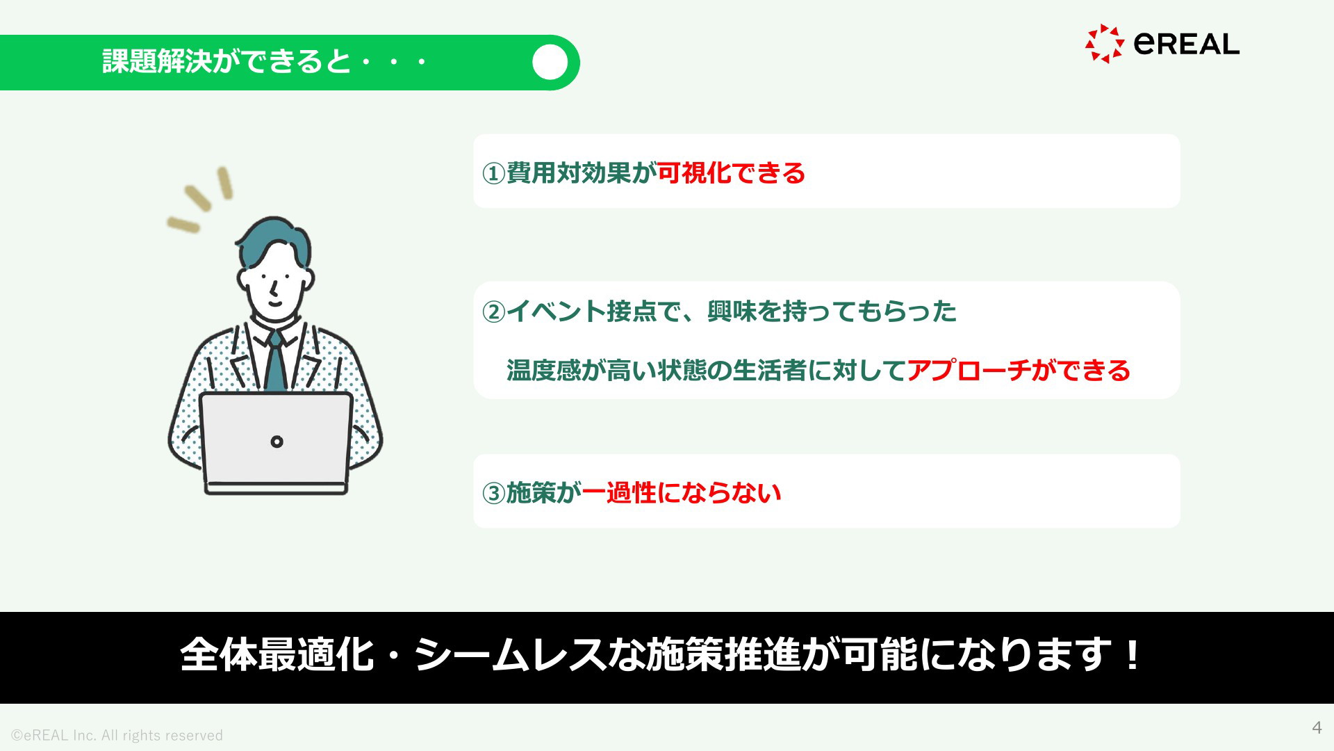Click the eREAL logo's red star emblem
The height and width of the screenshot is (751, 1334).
coord(1105,44)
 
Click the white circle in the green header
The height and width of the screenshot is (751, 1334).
coord(550,63)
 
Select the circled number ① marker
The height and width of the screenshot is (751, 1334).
coord(493,173)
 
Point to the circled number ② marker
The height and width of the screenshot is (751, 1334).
coord(493,312)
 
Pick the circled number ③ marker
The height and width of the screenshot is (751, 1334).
coord(493,493)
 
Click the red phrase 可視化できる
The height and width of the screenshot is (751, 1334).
coord(731,172)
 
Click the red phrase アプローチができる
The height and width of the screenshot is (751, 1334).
coord(1019,370)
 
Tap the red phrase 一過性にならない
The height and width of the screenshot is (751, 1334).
coord(682,492)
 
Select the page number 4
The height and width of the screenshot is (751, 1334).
coord(1317,727)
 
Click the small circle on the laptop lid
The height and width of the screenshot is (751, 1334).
coord(277,442)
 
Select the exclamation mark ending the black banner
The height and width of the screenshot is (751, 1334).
coord(1133,654)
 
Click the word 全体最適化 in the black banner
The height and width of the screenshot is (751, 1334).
coord(277,654)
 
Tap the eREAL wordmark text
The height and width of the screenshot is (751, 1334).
coord(1187,44)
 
